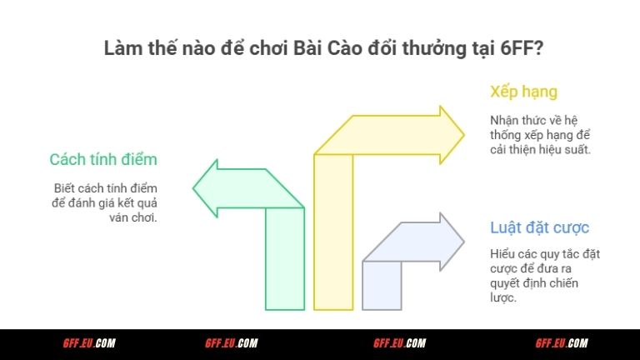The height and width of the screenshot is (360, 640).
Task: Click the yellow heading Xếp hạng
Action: point(523,91)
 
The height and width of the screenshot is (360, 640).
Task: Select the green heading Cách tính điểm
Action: point(103,159)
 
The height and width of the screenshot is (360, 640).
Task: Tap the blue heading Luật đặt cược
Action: point(541,227)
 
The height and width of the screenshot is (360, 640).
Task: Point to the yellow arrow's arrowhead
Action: point(451,129)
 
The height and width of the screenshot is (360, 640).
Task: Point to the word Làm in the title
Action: point(122,48)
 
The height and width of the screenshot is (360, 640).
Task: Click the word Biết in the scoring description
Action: point(65,188)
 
